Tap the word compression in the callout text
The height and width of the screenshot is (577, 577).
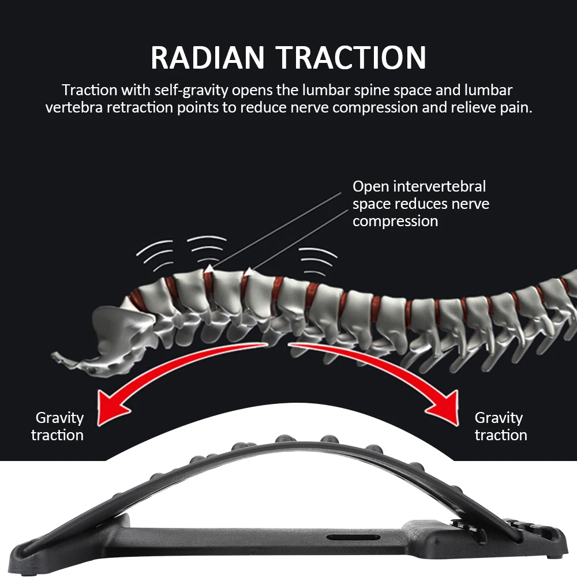tap(395, 221)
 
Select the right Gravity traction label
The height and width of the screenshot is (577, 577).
tap(500, 426)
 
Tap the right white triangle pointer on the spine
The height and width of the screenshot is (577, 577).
tap(248, 270)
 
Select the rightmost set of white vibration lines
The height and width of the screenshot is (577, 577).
tap(318, 260)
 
